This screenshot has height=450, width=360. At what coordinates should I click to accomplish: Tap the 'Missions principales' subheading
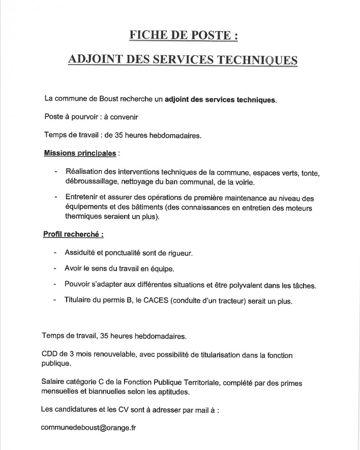pyautogui.click(x=80, y=153)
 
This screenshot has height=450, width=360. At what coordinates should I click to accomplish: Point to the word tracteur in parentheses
pyautogui.click(x=230, y=301)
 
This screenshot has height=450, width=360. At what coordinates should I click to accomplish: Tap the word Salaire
pyautogui.click(x=53, y=382)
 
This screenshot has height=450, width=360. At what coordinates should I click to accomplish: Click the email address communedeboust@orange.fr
pyautogui.click(x=88, y=428)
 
